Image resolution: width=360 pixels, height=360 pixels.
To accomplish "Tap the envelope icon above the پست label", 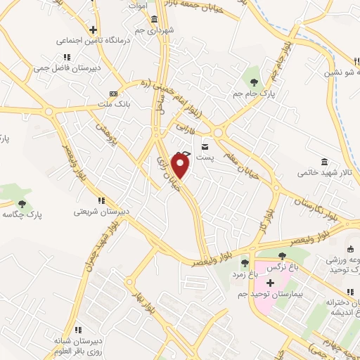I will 205,146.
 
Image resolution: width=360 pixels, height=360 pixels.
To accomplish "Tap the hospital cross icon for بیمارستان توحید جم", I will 270,282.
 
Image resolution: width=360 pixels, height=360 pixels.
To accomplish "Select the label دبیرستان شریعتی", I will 103,211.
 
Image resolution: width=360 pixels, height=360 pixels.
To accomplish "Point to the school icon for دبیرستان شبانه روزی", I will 79,329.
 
